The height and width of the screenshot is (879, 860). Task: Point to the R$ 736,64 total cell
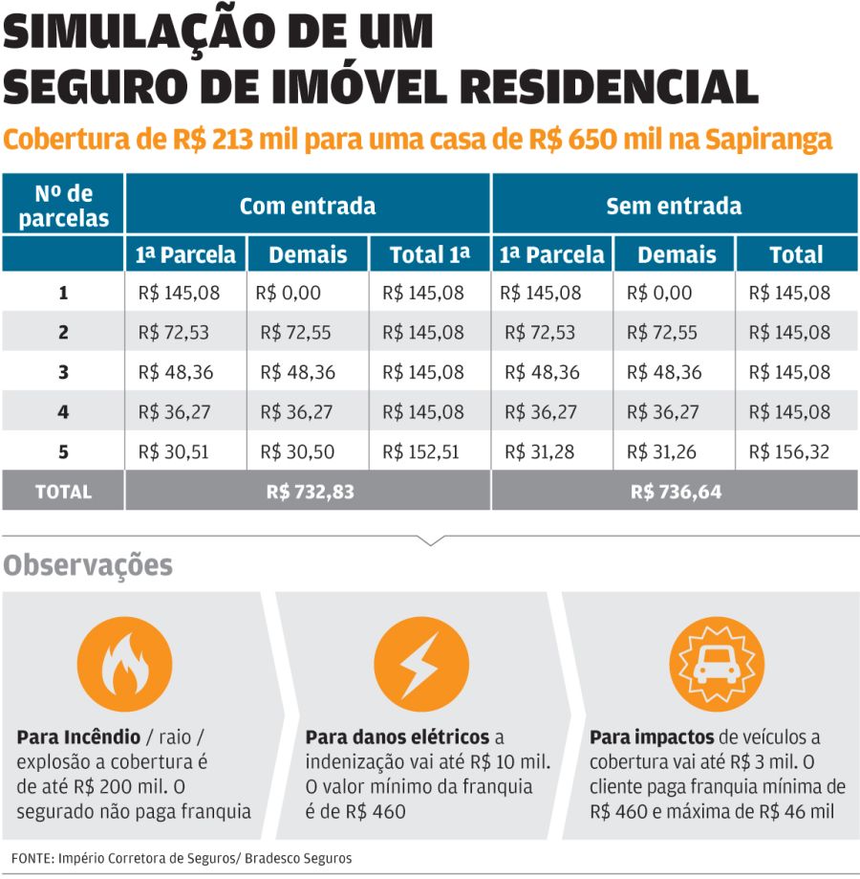coord(676,492)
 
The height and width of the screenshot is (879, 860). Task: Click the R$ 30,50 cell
coord(297,451)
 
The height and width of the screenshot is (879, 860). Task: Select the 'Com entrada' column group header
coord(307,206)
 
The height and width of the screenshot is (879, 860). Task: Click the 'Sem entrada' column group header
coord(674,206)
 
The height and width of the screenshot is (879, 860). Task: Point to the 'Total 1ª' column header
coord(430,255)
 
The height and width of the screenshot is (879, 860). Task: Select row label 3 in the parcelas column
coord(63,372)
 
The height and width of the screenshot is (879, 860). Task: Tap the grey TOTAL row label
coord(63,492)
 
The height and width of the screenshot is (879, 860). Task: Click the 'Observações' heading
coord(88,565)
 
